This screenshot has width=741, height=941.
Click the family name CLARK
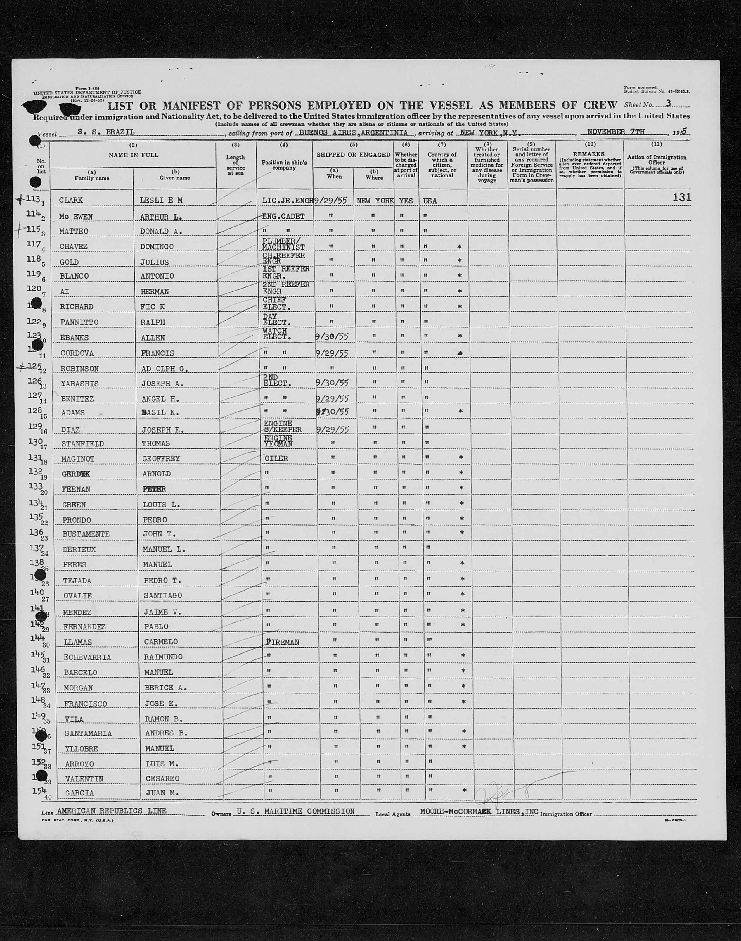coord(71,200)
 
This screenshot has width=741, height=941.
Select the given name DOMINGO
coord(157,246)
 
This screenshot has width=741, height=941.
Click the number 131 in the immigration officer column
coord(682,197)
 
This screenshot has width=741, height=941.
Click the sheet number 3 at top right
coord(669,103)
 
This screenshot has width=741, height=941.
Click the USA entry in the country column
coord(430,201)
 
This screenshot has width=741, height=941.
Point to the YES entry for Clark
coord(406,201)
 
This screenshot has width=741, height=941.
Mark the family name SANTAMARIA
coord(88,733)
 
